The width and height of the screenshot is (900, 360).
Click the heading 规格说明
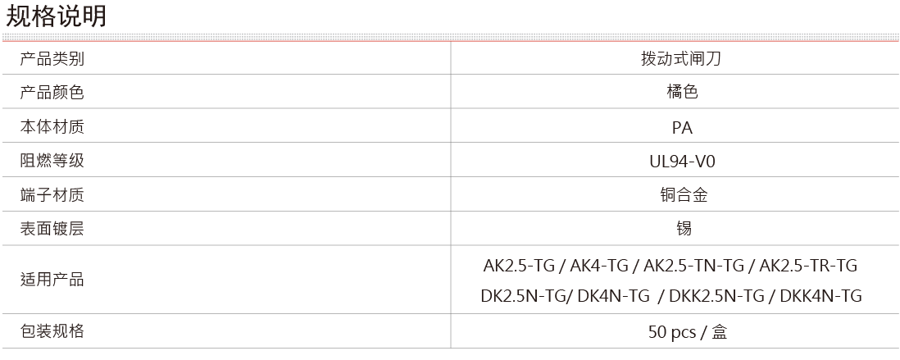click(x=56, y=16)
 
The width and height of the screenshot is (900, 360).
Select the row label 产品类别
click(x=52, y=58)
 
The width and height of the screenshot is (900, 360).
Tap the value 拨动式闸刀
click(x=681, y=58)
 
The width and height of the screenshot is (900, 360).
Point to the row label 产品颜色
click(x=52, y=92)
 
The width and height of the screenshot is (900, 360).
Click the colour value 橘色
click(x=683, y=92)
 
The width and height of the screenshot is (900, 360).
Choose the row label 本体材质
click(x=52, y=126)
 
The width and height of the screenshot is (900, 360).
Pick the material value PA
click(x=683, y=127)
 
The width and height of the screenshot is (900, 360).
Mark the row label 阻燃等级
click(x=52, y=160)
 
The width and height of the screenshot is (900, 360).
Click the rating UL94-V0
click(x=683, y=162)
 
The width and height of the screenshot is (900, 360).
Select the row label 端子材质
click(x=52, y=194)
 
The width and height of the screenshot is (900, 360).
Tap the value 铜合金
click(x=684, y=194)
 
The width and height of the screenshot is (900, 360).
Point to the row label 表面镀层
click(x=52, y=229)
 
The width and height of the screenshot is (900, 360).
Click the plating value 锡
click(x=684, y=229)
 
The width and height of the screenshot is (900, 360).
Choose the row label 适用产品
click(x=52, y=280)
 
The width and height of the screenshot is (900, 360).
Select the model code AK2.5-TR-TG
click(x=808, y=265)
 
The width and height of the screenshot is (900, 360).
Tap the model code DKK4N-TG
click(x=821, y=296)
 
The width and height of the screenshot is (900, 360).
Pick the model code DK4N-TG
click(x=614, y=296)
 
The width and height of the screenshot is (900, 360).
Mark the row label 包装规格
click(x=52, y=330)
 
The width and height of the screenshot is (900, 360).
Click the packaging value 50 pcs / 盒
click(x=688, y=332)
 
